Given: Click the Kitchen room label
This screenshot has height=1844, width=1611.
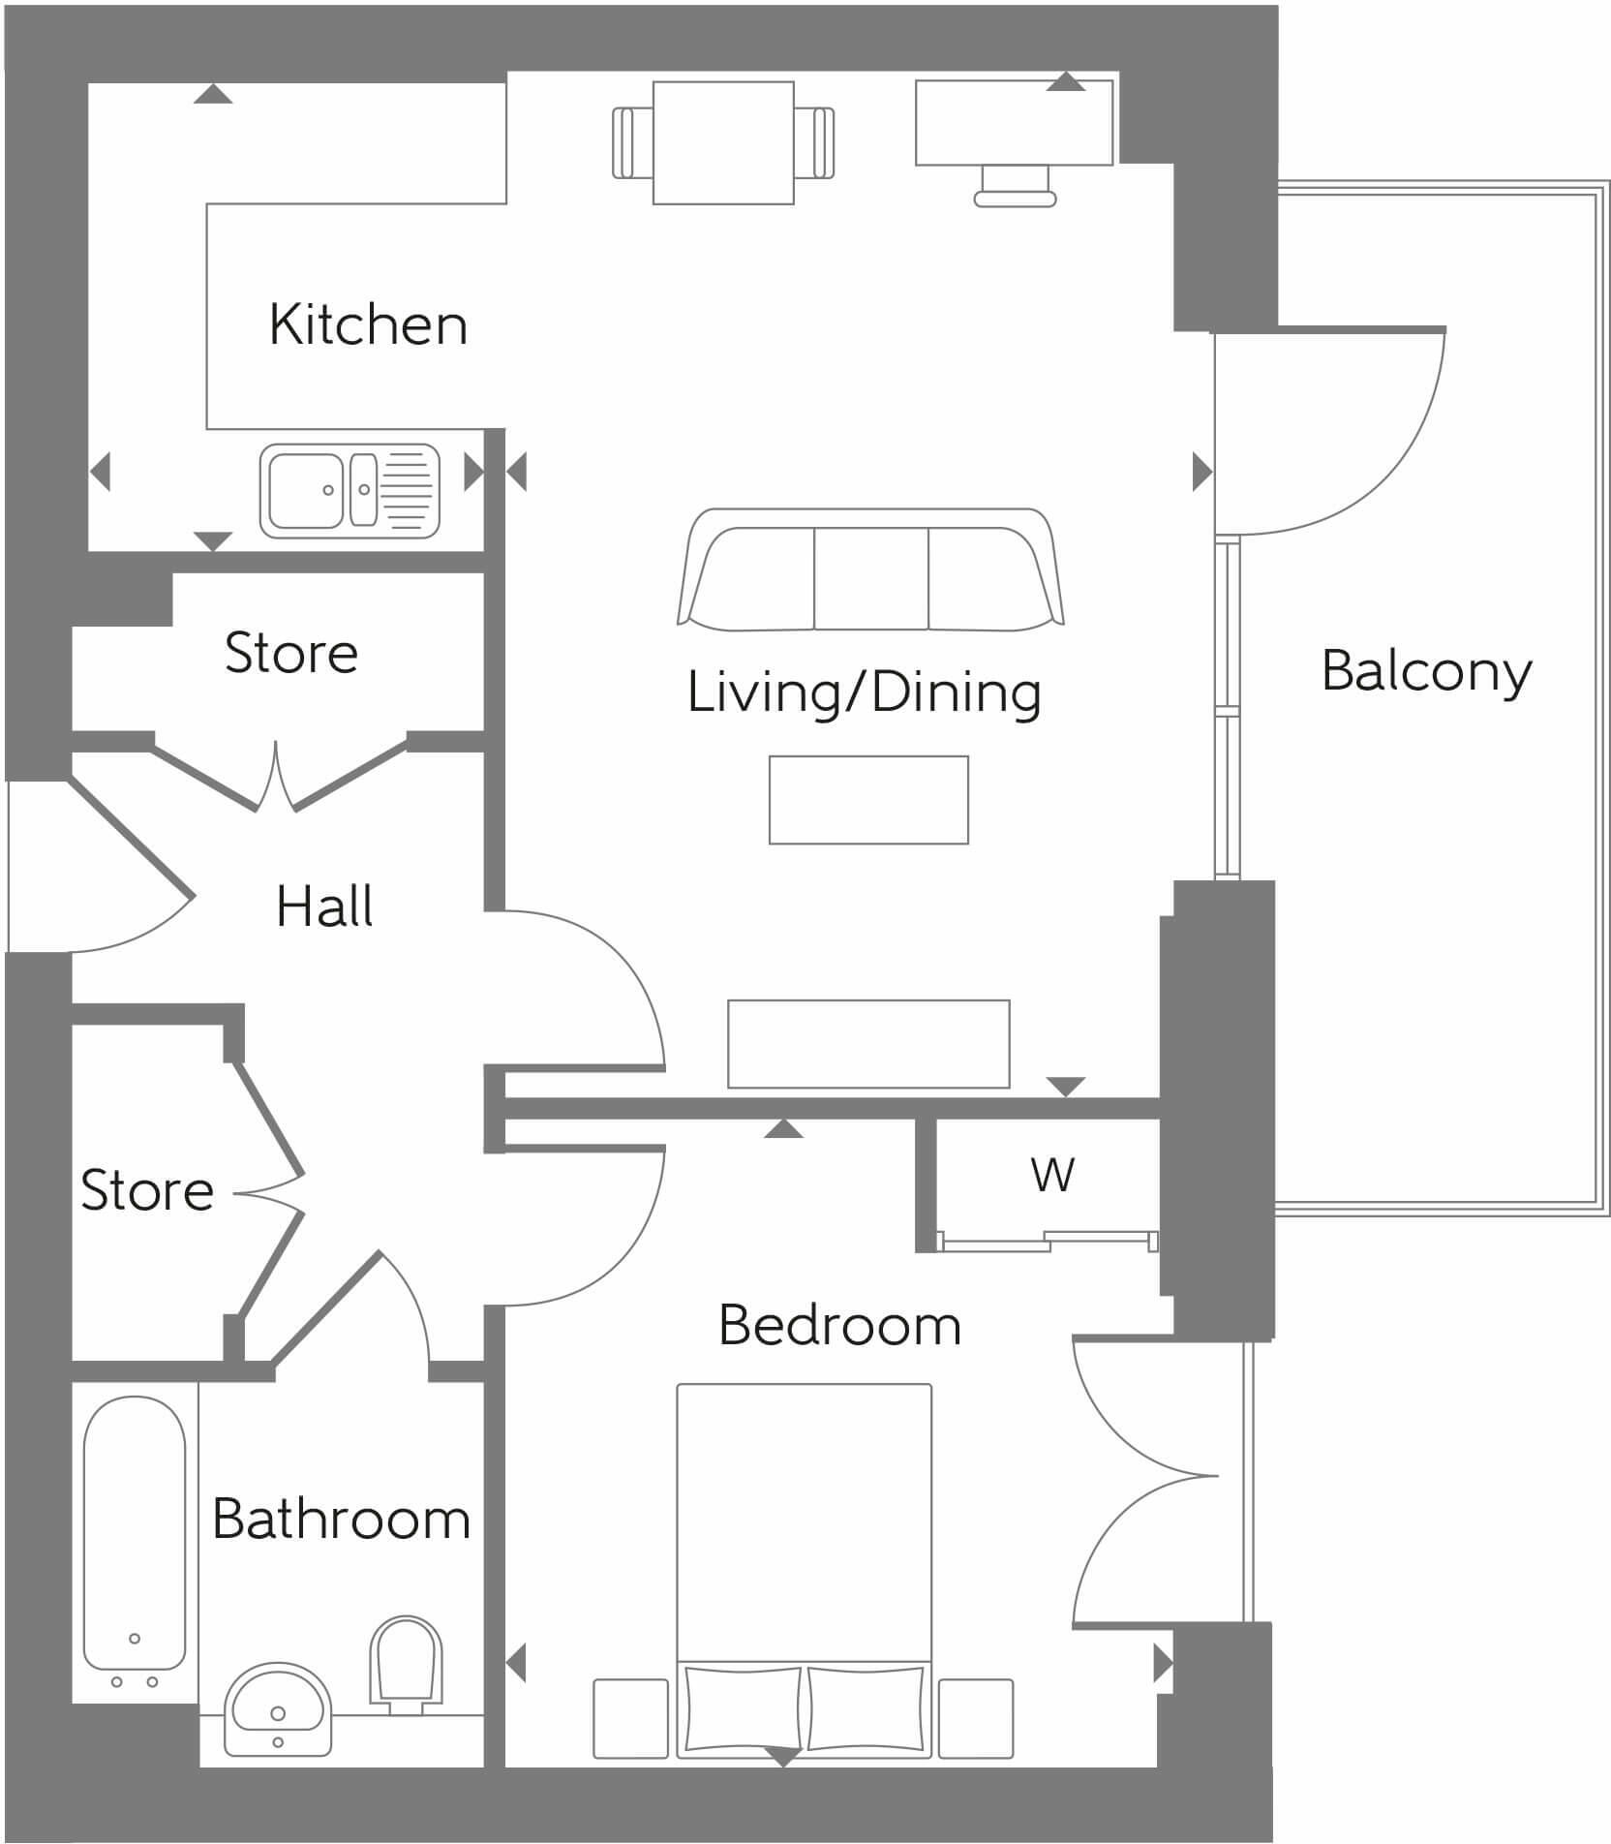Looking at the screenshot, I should coord(368,324).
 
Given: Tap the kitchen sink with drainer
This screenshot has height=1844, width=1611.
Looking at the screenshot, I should coord(350,491).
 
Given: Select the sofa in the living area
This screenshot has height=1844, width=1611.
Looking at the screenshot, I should coord(869,571).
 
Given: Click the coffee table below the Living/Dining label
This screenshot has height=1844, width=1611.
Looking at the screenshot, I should coord(868,799).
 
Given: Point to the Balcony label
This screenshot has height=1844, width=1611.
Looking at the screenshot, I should coord(1426,671).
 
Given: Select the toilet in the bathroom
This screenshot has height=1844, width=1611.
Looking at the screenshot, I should coord(406,1661).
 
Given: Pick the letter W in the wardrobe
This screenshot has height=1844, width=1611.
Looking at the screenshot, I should coord(1052,1175).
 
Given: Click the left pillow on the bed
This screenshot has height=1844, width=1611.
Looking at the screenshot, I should coord(743,1709).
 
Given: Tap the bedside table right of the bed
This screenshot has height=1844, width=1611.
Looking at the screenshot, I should coord(975,1718).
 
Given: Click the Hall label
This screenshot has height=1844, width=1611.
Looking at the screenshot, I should coord(324,907).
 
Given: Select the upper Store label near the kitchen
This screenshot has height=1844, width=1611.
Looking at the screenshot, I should coord(291,653).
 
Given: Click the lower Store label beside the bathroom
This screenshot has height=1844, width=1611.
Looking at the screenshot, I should coord(147,1190).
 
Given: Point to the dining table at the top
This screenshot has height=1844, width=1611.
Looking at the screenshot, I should coord(723,142).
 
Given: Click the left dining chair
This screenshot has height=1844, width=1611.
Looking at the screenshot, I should coord(632,142).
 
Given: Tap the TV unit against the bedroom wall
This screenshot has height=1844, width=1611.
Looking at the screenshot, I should coord(868,1043).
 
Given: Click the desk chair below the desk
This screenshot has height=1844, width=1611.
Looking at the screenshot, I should coord(1015,187).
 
